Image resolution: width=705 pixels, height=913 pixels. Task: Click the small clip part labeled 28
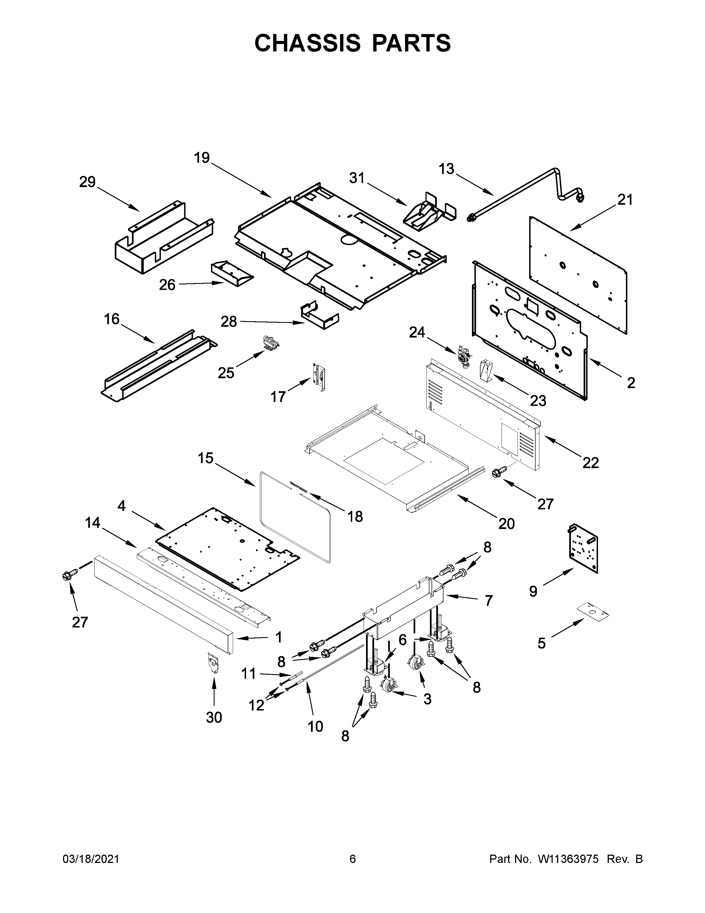point(320,316)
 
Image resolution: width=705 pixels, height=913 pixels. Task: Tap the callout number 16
point(111,319)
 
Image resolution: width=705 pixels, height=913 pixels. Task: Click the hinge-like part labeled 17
point(320,376)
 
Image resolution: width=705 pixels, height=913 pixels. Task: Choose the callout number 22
point(591,462)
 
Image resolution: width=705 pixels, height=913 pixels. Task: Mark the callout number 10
point(315,727)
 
